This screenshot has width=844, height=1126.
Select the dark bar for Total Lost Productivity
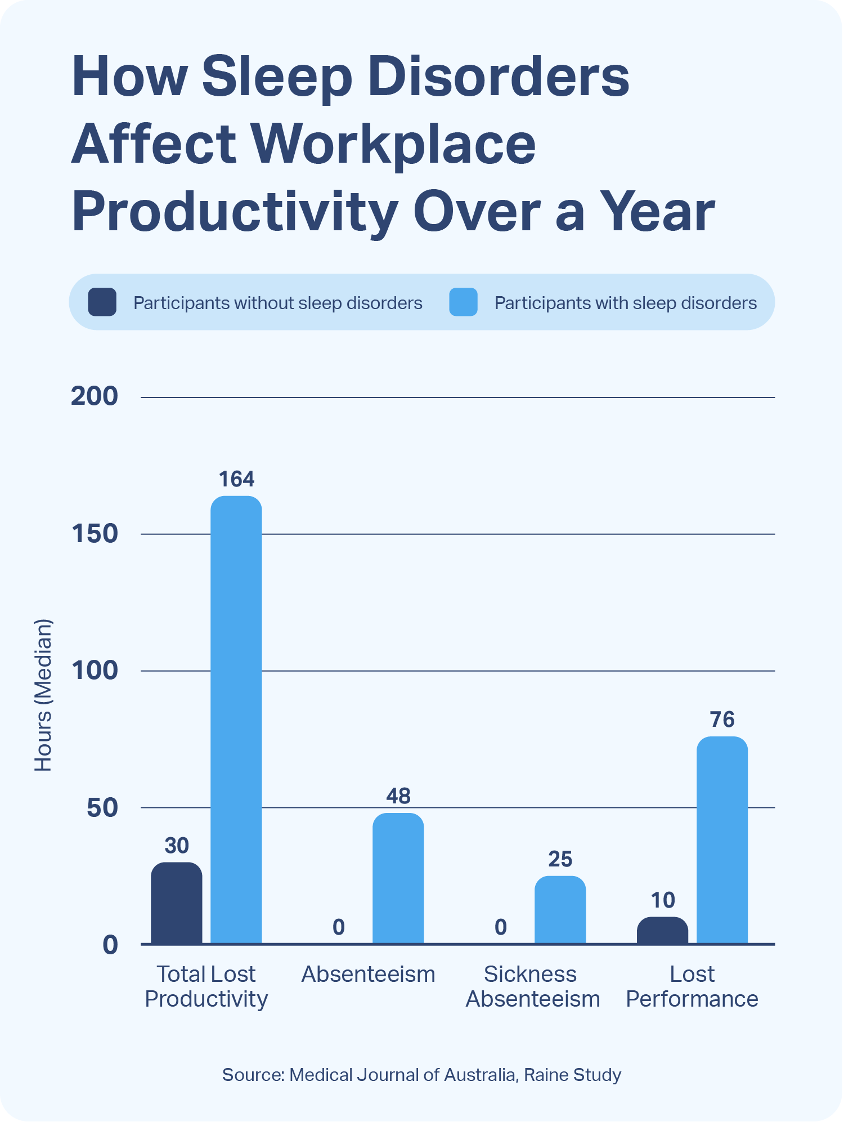click(x=177, y=903)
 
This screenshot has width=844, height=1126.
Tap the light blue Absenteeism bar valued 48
click(x=398, y=878)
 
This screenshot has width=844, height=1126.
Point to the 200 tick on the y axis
click(x=95, y=397)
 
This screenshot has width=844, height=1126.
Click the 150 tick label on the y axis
click(x=95, y=534)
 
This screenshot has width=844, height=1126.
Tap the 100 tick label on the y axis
click(x=95, y=671)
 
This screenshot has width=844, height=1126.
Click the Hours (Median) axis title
click(x=43, y=695)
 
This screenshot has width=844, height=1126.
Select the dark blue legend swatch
click(x=102, y=302)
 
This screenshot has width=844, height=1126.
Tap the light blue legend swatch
click(x=464, y=302)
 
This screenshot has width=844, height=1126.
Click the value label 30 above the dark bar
click(x=177, y=846)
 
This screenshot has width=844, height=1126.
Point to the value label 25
click(x=560, y=859)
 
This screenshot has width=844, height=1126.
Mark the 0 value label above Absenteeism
click(x=339, y=927)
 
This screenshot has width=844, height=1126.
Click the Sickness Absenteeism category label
click(x=532, y=986)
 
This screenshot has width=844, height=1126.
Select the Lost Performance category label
click(x=692, y=986)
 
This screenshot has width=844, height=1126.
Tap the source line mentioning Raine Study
click(x=422, y=1075)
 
